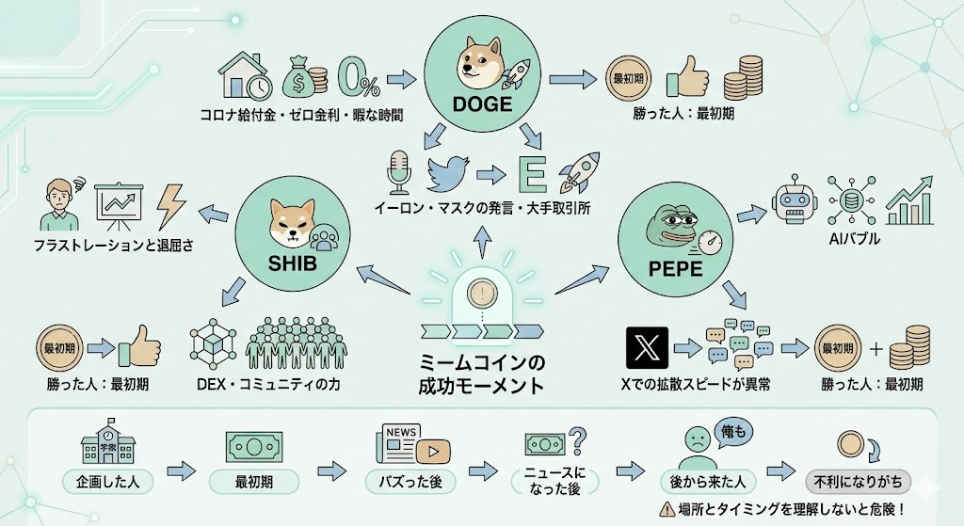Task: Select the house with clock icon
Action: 243,74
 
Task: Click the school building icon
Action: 106,439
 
